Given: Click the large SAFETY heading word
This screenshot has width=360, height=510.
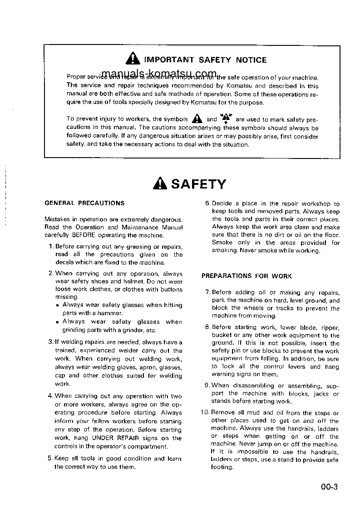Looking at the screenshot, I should (x=198, y=184).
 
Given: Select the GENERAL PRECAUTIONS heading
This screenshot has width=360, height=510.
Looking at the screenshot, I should (x=84, y=203).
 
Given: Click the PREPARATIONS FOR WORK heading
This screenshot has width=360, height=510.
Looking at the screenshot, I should (x=247, y=276).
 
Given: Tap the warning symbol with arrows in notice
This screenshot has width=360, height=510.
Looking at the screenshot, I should (x=226, y=119).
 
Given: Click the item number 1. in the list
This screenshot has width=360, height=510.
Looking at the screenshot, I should (x=51, y=247).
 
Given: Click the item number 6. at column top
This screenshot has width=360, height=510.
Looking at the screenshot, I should (x=208, y=204).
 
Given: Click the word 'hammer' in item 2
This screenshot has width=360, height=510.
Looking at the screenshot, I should (x=109, y=313).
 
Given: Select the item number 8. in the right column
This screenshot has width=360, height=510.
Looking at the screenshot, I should (x=207, y=327).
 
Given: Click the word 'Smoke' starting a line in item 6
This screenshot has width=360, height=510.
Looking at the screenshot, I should (x=222, y=243).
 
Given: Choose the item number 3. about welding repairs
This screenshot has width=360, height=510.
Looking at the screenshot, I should (x=51, y=342).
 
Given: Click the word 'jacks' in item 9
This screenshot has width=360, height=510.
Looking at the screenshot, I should (x=321, y=394).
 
